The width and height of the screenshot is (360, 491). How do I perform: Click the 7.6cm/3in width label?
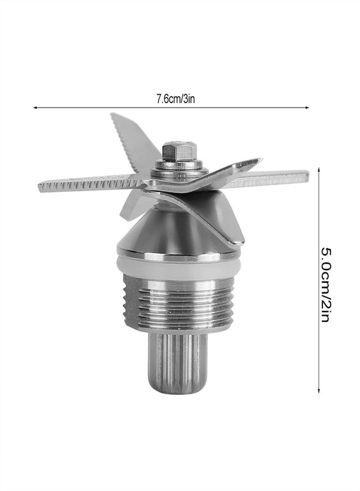pos(172,100)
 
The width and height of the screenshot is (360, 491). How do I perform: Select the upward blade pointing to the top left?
pos(129,136)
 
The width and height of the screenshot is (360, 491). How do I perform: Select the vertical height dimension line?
pos(318,218)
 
